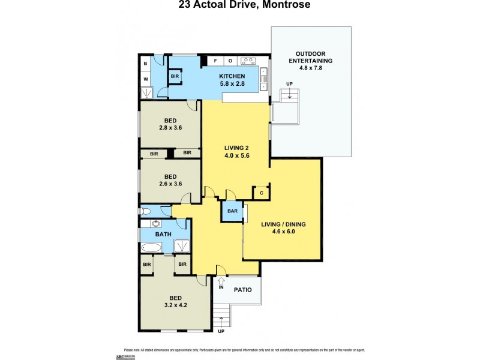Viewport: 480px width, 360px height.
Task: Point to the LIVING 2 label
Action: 236,148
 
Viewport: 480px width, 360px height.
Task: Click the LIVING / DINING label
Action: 284,224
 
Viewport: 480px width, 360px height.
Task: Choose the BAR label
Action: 232,212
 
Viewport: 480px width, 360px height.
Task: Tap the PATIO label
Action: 242,289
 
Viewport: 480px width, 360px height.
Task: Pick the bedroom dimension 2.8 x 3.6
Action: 170,128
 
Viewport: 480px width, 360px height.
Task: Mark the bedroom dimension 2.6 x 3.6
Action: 170,184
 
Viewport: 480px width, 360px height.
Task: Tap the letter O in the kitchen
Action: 230,61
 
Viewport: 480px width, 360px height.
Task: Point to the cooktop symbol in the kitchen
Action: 248,61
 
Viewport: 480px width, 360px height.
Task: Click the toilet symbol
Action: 146,211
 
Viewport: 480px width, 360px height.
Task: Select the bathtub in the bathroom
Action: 151,247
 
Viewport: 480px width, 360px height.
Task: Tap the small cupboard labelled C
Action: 262,193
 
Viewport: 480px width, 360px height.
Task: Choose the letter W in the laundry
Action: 146,78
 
